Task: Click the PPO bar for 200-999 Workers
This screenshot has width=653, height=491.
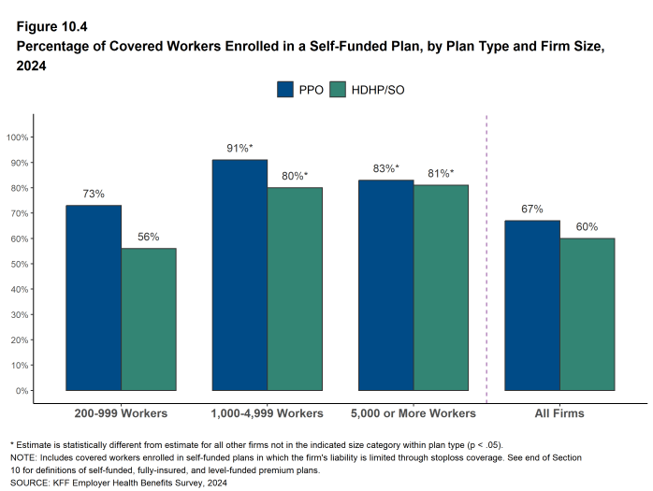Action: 94,297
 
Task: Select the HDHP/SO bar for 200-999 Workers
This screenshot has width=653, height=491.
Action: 149,319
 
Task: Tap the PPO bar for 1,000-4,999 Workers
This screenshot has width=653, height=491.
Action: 239,275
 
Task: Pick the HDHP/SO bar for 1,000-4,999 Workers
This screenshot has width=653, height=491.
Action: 295,289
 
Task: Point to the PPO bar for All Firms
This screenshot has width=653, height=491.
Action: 532,306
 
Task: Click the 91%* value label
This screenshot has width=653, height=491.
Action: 240,148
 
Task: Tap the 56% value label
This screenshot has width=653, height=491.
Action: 149,237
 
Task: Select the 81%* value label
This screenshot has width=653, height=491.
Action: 441,173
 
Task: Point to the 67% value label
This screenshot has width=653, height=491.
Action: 532,209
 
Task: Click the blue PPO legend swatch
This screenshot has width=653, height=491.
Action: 285,90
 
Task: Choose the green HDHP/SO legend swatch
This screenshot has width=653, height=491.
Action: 337,90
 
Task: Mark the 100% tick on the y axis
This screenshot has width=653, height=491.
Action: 19,137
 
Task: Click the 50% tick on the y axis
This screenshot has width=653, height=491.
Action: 21,264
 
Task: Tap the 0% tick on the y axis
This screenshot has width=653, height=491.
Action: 22,390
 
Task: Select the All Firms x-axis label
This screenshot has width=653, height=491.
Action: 559,412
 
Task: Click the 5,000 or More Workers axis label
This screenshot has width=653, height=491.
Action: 413,412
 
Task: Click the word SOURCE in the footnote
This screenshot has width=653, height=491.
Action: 31,483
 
